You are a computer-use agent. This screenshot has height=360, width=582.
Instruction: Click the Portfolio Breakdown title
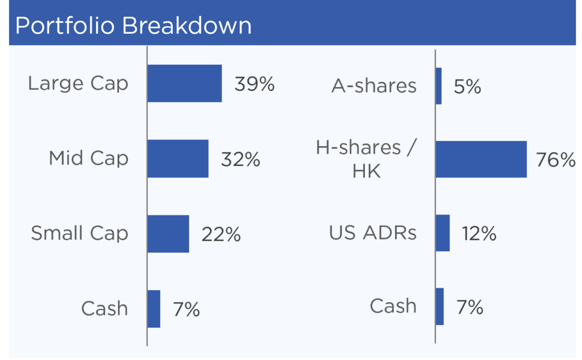133,26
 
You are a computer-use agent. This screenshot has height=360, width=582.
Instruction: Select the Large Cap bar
185,83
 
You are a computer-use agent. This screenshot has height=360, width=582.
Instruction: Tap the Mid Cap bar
178,159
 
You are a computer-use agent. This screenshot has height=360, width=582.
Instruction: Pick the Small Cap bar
168,234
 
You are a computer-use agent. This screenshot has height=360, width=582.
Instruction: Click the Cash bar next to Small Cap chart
153,309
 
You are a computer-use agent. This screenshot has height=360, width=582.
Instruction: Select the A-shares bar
439,86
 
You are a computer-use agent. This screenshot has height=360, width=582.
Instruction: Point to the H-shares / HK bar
481,159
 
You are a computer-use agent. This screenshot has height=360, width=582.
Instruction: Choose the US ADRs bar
443,233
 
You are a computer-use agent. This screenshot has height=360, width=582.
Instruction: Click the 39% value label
255,84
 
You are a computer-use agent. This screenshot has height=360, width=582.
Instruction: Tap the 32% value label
240,159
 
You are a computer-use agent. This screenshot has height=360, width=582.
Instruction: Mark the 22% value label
221,234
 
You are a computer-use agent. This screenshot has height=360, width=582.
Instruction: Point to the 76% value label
556,160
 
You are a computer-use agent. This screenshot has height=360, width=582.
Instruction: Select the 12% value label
479,234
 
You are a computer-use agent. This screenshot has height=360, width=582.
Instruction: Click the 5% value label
467,86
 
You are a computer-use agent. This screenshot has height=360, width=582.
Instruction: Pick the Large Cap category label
78,84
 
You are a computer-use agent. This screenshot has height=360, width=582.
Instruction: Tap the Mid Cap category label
89,159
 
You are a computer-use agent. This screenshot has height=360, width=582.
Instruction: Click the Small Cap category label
80,234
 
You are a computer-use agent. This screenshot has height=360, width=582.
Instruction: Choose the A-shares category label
374,86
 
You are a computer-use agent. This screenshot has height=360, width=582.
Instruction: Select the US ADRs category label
373,233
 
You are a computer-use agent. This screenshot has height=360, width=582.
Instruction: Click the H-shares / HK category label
367,159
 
